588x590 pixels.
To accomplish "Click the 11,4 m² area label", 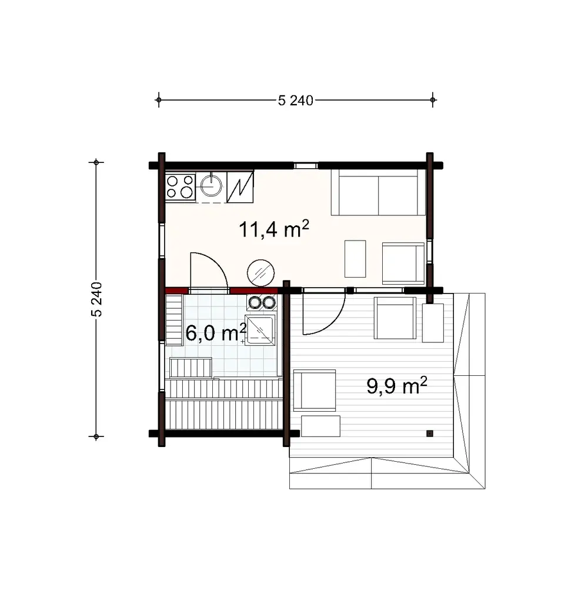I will point(274,229).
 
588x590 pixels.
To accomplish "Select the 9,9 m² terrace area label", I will point(396,386).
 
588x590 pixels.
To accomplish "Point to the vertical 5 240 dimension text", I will point(97,299).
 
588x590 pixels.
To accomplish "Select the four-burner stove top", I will point(181,186).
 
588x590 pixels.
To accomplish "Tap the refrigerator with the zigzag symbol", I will point(240,186).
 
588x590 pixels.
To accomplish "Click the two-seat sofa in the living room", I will point(377,192).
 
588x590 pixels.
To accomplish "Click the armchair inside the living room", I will point(403,262).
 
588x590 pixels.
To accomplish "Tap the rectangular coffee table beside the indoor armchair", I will point(355,258).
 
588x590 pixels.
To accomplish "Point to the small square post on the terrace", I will point(430,434).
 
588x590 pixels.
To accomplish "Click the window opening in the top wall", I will point(306,166).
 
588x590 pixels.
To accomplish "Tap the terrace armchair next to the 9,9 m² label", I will point(315,389).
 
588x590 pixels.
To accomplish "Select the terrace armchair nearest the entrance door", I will point(396,318).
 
